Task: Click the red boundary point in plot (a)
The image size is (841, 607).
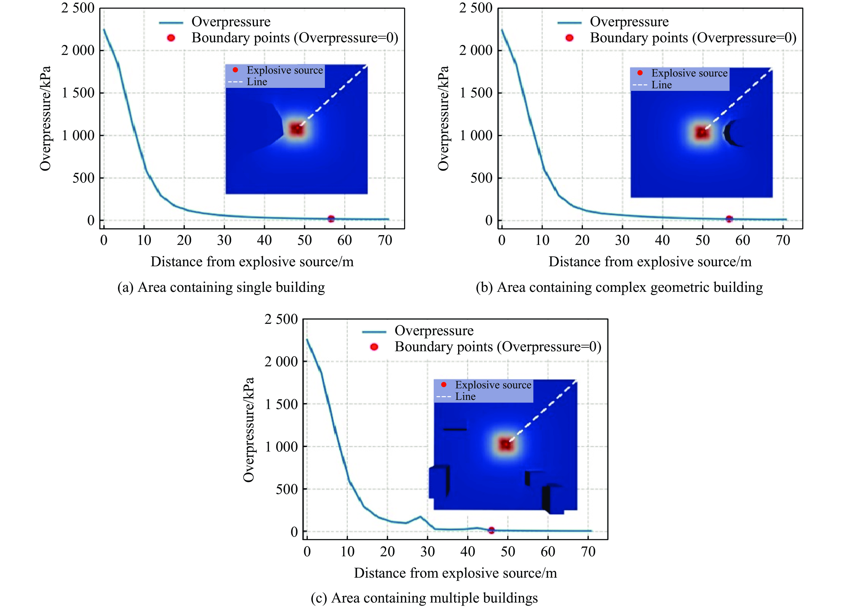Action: click(331, 219)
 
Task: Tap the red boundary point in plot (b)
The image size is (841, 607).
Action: click(729, 219)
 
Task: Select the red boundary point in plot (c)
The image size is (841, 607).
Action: click(491, 530)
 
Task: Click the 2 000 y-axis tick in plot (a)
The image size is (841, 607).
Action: click(78, 50)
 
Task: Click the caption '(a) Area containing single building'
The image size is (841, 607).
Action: click(221, 287)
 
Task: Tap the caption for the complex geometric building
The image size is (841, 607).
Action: click(619, 287)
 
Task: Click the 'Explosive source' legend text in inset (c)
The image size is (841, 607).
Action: click(493, 385)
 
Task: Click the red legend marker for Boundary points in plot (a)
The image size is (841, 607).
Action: click(171, 38)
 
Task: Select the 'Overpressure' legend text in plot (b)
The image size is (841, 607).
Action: click(629, 22)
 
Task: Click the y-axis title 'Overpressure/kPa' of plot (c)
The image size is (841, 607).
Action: click(249, 429)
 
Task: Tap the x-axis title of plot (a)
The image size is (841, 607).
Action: click(252, 262)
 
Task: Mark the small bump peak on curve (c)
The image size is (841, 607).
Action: click(420, 516)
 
